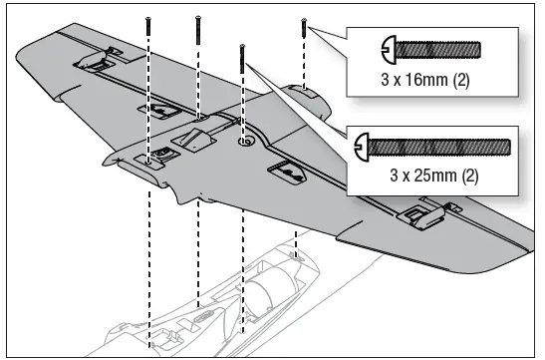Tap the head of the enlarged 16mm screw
(x=388, y=48)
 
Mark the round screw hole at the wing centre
(x=243, y=142)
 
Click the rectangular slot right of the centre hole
(x=289, y=173)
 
